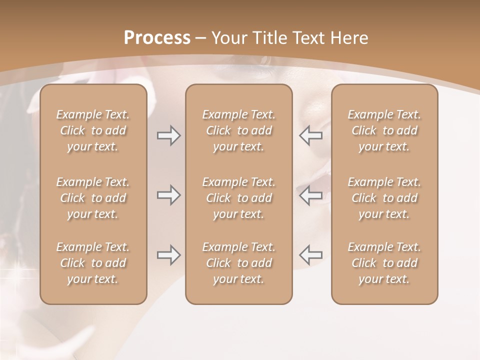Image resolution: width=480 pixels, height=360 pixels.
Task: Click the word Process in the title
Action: (157, 38)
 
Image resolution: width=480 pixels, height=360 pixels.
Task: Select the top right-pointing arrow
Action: (169, 135)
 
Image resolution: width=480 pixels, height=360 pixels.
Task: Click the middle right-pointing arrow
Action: (169, 195)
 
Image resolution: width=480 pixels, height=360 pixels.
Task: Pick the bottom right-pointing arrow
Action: (169, 255)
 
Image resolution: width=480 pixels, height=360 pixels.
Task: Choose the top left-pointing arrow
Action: (310, 135)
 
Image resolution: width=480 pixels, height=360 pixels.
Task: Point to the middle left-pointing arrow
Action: (310, 195)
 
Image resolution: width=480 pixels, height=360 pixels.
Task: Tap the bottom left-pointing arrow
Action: (310, 255)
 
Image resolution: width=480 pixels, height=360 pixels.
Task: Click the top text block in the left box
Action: (93, 130)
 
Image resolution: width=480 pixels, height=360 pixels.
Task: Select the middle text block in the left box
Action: (93, 198)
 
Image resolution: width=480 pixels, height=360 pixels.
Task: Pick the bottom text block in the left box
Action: (93, 263)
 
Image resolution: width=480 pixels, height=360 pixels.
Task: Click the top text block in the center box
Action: (239, 130)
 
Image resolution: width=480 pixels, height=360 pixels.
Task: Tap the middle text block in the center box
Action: (239, 198)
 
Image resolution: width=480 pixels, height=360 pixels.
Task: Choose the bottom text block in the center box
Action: (239, 263)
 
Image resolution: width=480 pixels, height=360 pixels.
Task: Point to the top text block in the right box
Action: (384, 130)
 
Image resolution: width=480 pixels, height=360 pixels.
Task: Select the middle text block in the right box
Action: (384, 198)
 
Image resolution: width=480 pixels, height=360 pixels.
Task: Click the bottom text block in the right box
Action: (384, 263)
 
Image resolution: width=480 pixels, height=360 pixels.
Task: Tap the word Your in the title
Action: (228, 38)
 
